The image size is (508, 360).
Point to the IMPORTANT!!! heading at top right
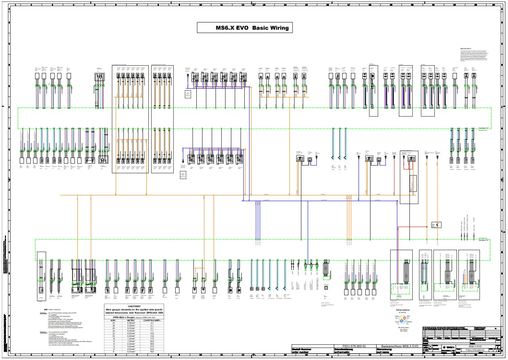[x=466, y=49]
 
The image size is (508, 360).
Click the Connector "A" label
[x=484, y=128]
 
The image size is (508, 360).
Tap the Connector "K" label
[x=484, y=241]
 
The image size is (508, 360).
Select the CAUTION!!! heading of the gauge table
[x=134, y=306]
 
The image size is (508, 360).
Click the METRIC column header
[x=131, y=321]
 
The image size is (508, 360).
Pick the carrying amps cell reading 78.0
[x=152, y=352]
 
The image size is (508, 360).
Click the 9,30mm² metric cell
[x=131, y=352]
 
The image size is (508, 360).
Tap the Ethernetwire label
[x=403, y=310]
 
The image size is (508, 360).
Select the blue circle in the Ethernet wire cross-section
[x=401, y=322]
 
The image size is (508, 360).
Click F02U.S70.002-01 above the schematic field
[x=354, y=346]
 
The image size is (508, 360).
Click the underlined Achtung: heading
[x=43, y=313]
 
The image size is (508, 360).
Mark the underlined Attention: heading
[x=44, y=332]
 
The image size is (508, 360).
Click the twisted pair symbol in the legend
[x=45, y=310]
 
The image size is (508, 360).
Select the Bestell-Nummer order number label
[x=301, y=351]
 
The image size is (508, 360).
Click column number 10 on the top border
[x=200, y=5]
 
